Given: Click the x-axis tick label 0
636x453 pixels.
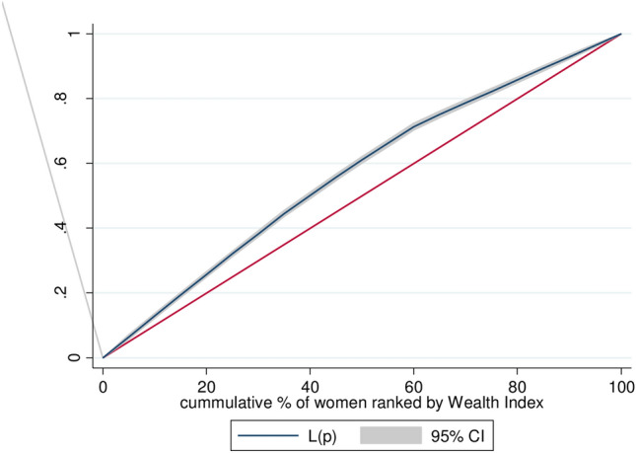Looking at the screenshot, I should [103, 385].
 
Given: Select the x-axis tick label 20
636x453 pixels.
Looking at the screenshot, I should [206, 385].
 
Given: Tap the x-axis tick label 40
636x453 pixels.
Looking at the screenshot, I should [310, 385].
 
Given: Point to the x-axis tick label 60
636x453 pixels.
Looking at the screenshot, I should [413, 385].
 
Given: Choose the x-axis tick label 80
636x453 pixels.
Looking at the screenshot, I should [517, 385].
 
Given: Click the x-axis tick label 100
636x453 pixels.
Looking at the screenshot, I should [620, 385].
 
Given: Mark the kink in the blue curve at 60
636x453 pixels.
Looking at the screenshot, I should [413, 126].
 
